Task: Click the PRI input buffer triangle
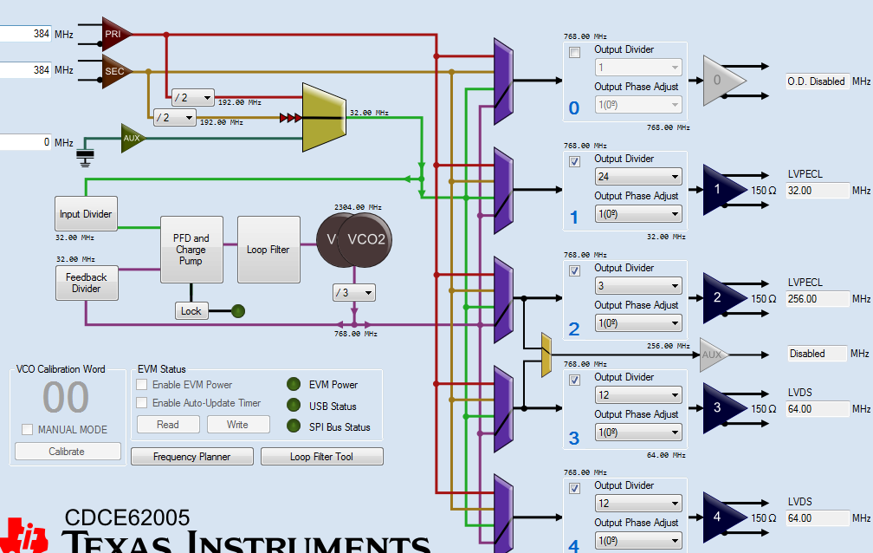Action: (113, 34)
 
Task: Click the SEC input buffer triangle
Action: (113, 71)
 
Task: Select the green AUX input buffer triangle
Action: (132, 138)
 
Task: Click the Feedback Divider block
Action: (86, 283)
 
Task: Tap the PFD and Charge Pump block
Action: (191, 250)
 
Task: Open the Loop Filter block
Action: (268, 250)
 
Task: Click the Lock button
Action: (191, 310)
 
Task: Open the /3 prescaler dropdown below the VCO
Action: (354, 293)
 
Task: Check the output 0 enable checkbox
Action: (574, 53)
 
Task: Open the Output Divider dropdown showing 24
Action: (638, 177)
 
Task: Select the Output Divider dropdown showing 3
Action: (638, 286)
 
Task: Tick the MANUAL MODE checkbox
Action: (28, 430)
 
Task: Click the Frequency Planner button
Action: (192, 457)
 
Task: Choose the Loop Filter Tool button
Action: (321, 457)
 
